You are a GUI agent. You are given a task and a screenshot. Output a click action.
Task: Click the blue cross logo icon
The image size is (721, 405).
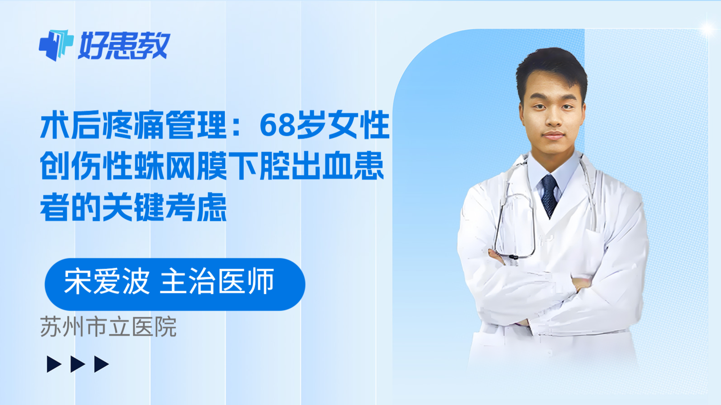tap(56, 45)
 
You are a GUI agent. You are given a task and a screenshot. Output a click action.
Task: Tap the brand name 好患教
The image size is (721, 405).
tap(124, 45)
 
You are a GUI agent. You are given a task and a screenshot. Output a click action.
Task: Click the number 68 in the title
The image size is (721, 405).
tap(277, 125)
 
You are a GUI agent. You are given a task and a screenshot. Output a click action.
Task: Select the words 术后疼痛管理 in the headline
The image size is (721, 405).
tap(133, 125)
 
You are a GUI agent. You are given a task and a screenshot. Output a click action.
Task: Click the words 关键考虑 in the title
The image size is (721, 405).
tap(164, 207)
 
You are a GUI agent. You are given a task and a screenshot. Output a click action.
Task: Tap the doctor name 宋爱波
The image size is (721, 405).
tap(107, 282)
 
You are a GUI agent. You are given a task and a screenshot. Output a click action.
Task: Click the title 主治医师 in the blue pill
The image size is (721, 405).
tap(217, 282)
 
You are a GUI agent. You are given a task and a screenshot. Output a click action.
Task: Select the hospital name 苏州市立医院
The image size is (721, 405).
tap(108, 327)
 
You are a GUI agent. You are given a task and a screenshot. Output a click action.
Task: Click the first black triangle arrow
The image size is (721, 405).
tap(54, 364)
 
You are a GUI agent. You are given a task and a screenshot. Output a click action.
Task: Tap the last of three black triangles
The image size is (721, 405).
tap(101, 364)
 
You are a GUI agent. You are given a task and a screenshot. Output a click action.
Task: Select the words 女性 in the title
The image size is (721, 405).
tap(359, 125)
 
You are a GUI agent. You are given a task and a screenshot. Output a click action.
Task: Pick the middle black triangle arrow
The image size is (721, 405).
tap(78, 364)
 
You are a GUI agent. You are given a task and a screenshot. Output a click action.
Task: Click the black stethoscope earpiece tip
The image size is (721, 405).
tap(513, 257)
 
